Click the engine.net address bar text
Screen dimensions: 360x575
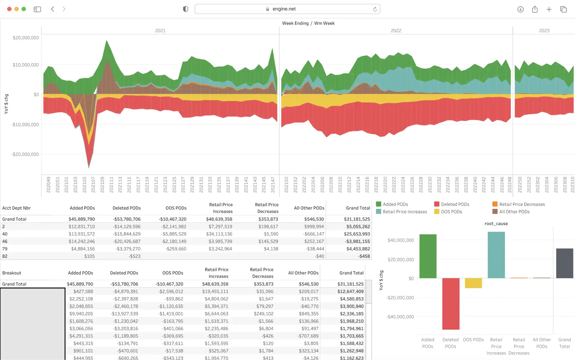[284, 9]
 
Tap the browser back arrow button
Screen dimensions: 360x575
[53, 9]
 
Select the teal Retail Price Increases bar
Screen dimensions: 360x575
[496, 255]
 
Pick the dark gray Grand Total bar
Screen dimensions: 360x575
[564, 263]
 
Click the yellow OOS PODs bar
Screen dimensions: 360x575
[473, 283]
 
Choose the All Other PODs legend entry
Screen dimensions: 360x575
[514, 212]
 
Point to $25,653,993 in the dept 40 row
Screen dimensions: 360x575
[357, 234]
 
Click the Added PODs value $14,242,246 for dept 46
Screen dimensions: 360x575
[81, 241]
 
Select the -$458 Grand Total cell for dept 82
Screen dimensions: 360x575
[364, 256]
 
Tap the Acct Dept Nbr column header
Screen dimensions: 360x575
[16, 208]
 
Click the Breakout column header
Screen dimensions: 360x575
[12, 273]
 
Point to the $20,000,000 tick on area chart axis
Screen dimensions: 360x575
[26, 38]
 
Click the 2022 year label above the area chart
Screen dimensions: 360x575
[396, 31]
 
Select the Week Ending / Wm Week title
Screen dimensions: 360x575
[308, 23]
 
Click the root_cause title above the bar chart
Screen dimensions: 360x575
[496, 224]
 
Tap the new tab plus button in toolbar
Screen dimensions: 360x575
[549, 9]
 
